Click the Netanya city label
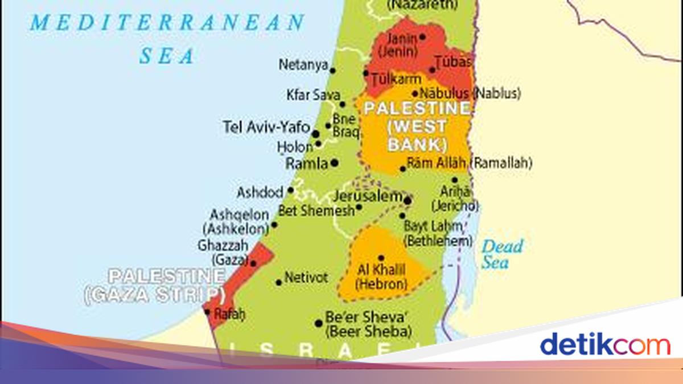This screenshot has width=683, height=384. coord(303,65)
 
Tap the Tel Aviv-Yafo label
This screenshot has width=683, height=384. coord(266,127)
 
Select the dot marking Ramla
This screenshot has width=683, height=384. coord(335,163)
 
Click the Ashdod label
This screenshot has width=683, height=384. coord(260,192)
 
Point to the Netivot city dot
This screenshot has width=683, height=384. coord(278,282)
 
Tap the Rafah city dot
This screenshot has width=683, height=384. coord(207,312)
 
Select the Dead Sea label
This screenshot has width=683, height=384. coord(502,254)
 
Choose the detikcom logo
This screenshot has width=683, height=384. coord(604,345)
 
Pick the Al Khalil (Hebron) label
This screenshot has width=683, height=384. coord(381,276)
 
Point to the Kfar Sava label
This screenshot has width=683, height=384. coord(312,95)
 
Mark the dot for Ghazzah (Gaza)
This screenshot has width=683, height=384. coord(253,263)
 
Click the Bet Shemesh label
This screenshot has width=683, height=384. coord(316,211)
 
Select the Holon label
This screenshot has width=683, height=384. coord(295,147)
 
